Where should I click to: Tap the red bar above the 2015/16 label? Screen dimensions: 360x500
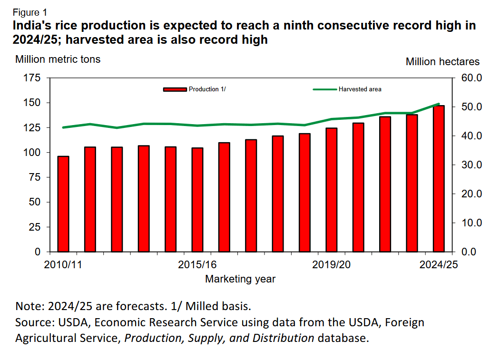[197, 200]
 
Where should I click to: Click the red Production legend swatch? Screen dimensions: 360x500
[175, 89]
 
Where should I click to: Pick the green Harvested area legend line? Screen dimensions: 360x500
[324, 89]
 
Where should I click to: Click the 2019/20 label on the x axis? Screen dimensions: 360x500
[331, 264]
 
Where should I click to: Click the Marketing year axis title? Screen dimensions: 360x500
[240, 279]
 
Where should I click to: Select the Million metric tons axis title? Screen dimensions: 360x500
[58, 59]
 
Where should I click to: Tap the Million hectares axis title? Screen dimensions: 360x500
[442, 62]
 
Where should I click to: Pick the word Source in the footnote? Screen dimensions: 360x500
[34, 322]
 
